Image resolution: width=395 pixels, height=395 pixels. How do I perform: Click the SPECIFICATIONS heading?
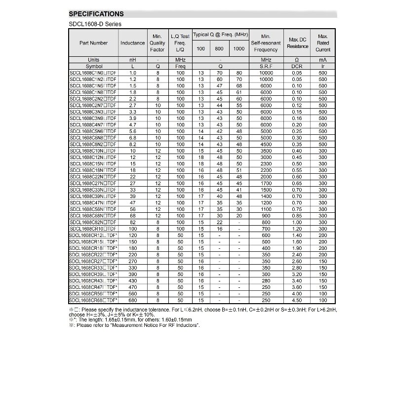pyautogui.click(x=96, y=14)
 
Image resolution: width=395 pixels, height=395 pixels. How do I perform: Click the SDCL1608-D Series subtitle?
pyautogui.click(x=94, y=24)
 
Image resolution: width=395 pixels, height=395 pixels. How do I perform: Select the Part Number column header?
pyautogui.click(x=93, y=43)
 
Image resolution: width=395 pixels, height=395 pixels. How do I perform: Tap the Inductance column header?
pyautogui.click(x=132, y=43)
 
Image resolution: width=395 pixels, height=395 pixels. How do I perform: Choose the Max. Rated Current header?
pyautogui.click(x=323, y=43)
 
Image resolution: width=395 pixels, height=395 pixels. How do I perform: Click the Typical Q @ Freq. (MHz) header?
pyautogui.click(x=220, y=34)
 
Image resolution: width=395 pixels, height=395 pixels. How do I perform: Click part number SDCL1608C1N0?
pyautogui.click(x=93, y=73)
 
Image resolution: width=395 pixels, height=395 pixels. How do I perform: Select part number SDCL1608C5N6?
pyautogui.click(x=93, y=131)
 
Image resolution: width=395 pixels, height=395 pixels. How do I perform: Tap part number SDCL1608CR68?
pyautogui.click(x=93, y=300)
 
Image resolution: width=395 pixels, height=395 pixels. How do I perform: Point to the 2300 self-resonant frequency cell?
pyautogui.click(x=266, y=163)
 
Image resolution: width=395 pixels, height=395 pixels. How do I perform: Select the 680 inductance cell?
pyautogui.click(x=132, y=300)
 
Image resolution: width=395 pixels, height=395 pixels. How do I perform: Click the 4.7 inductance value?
pyautogui.click(x=132, y=125)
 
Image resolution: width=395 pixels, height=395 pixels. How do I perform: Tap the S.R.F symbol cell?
pyautogui.click(x=266, y=66)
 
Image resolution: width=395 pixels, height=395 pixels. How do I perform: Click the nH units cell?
pyautogui.click(x=132, y=60)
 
